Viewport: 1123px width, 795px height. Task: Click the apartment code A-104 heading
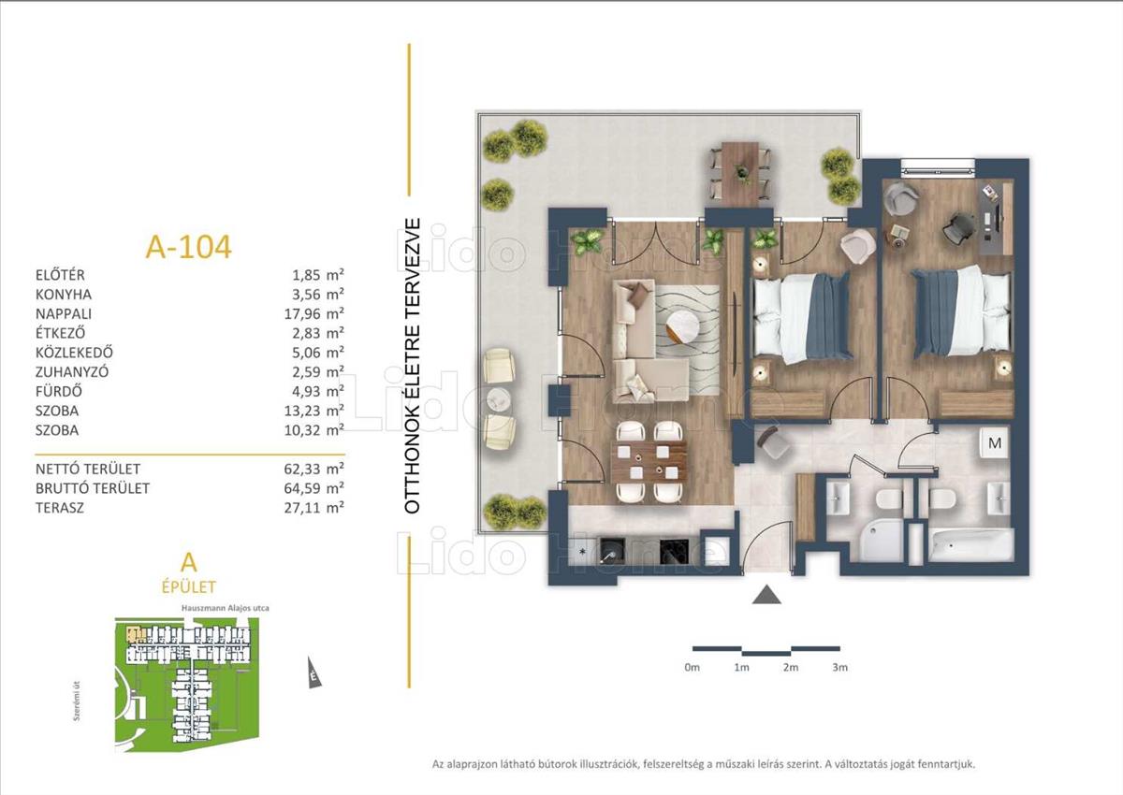point(188,247)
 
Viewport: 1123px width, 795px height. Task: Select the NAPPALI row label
point(64,314)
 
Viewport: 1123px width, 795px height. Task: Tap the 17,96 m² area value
point(314,314)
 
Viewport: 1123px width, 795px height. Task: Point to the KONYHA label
point(64,295)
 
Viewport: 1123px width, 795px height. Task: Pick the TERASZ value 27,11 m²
point(314,508)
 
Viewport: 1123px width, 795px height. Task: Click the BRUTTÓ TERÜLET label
point(93,488)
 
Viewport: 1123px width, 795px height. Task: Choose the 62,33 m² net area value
point(314,469)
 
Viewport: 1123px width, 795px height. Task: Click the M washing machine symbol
point(995,442)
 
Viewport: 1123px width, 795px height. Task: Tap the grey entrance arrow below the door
point(766,595)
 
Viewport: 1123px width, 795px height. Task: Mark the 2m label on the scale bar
point(791,667)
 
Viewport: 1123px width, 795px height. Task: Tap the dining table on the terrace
point(740,173)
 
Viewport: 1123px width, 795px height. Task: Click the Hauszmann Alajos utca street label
point(226,608)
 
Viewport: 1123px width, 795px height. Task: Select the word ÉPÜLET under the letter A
point(188,586)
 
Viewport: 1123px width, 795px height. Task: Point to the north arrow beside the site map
point(314,675)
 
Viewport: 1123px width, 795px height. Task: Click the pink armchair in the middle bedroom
point(858,246)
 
